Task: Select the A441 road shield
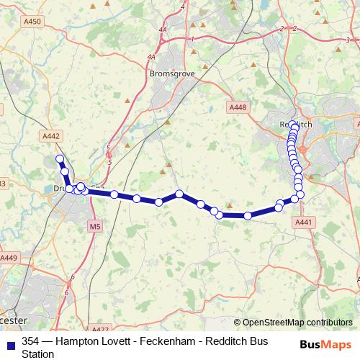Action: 303,223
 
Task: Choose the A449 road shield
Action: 9,257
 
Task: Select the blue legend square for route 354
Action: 9,341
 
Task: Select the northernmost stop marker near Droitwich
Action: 60,159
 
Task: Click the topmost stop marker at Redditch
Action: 293,124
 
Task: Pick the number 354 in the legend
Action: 31,341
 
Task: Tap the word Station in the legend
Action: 38,354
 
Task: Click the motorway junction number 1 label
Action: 193,38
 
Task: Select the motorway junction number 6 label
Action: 66,293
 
